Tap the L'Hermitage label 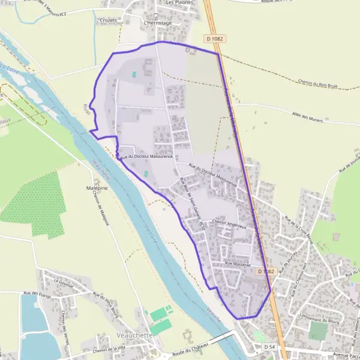coord(158,23)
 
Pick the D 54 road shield coord(269,347)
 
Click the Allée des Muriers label coord(307,118)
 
